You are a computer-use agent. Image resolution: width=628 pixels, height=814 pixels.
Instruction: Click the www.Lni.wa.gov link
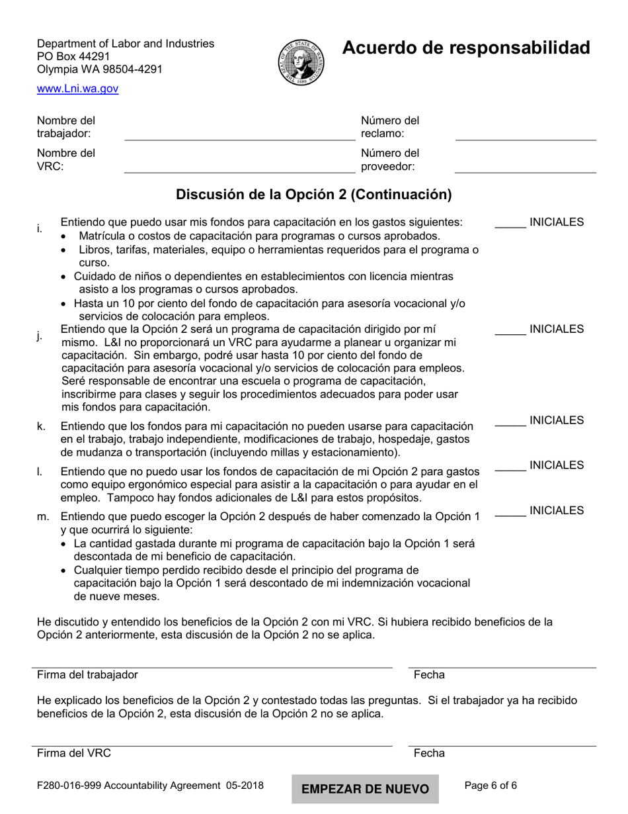[x=77, y=89]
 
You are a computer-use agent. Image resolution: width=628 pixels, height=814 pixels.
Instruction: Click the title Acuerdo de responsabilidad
[x=465, y=48]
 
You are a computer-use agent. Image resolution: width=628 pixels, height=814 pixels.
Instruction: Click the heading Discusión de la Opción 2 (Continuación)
[x=313, y=195]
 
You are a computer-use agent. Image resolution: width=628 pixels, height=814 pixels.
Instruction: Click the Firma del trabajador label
[x=87, y=675]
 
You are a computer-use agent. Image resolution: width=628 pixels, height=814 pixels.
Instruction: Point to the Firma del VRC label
[x=74, y=753]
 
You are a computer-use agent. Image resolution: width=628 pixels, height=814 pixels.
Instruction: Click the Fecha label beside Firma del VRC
[x=429, y=753]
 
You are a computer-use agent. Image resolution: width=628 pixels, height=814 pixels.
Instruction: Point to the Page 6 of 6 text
[x=491, y=786]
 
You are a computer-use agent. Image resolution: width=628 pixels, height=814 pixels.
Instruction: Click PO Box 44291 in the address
[x=73, y=56]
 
